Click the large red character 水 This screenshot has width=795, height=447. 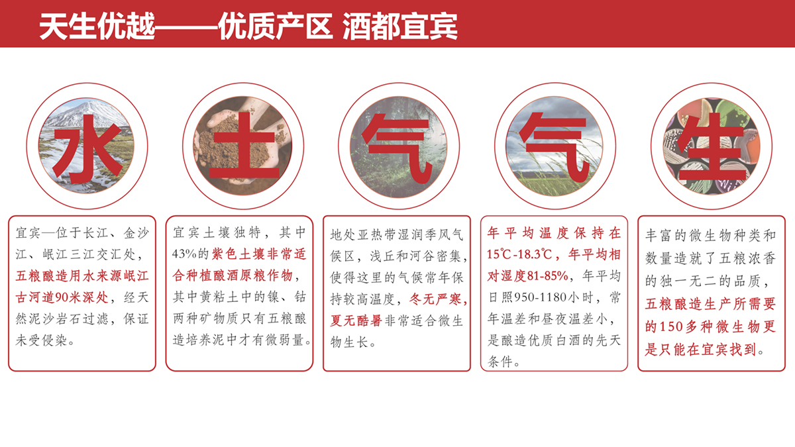pyautogui.click(x=87, y=148)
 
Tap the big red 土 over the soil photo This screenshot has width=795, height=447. pyautogui.click(x=244, y=146)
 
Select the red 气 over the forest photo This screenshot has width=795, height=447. pyautogui.click(x=397, y=149)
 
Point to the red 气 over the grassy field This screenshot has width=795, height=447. pyautogui.click(x=554, y=148)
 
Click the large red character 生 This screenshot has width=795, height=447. pyautogui.click(x=712, y=146)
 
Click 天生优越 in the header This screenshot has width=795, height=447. pyautogui.click(x=97, y=26)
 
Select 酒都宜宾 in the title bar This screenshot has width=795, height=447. pyautogui.click(x=400, y=26)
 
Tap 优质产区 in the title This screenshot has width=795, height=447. pyautogui.click(x=276, y=26)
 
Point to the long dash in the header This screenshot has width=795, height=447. pyautogui.click(x=187, y=27)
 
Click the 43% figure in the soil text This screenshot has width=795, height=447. pyautogui.click(x=184, y=254)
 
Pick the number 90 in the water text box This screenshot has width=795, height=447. pyautogui.click(x=62, y=297)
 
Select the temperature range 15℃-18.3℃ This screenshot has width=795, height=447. pyautogui.click(x=519, y=254)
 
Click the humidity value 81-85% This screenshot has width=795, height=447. pyautogui.click(x=548, y=276)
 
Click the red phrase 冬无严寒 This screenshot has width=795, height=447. pyautogui.click(x=435, y=299)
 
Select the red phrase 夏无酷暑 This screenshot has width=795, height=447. pyautogui.click(x=356, y=321)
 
